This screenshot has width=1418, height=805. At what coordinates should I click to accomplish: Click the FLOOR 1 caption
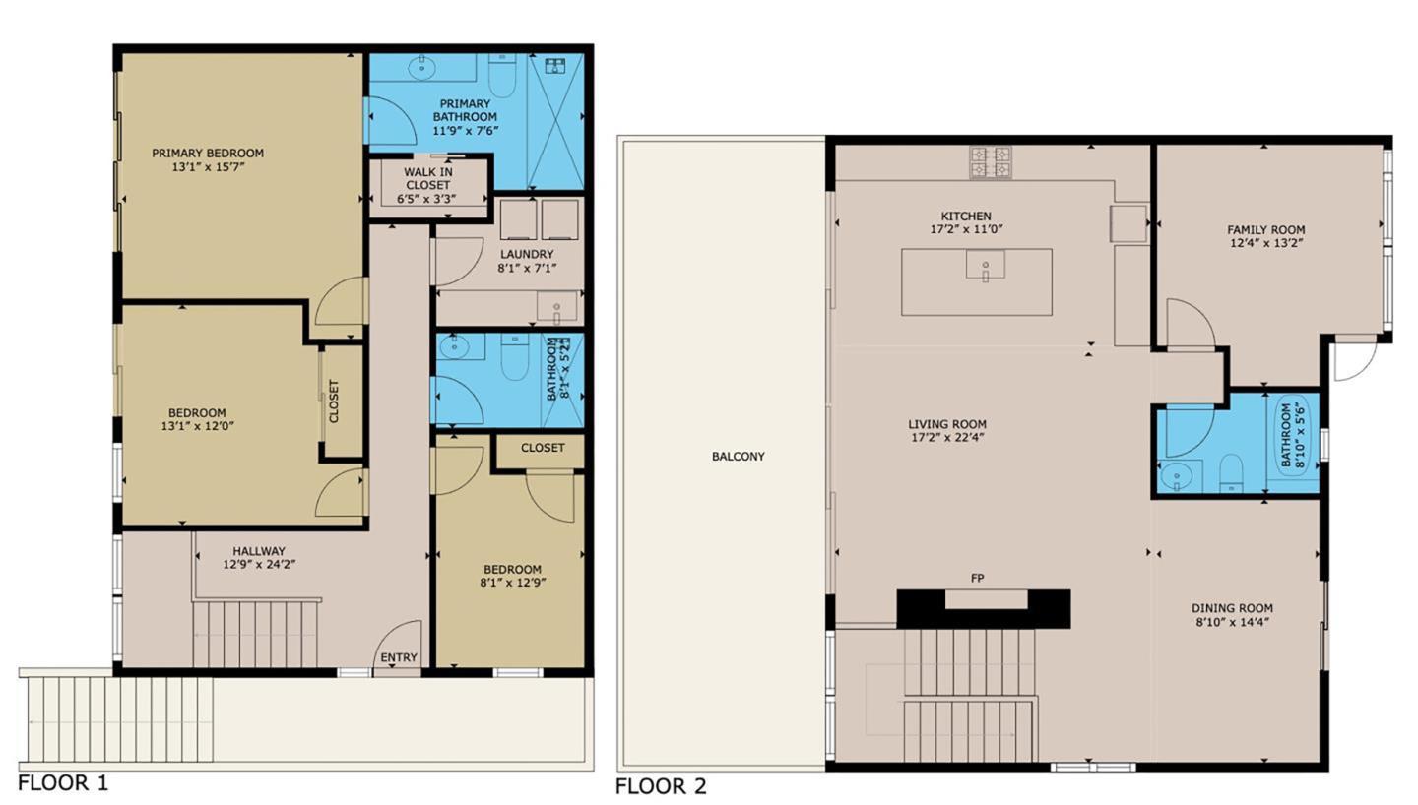coord(63,783)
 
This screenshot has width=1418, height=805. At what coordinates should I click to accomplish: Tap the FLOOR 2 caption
coord(661,786)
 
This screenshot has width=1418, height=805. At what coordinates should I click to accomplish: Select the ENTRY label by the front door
coord(398,657)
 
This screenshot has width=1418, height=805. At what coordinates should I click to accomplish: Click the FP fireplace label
coord(977,579)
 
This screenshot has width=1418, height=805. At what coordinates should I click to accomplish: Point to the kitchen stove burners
coord(990,162)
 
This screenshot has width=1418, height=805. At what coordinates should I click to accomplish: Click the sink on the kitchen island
coord(984,266)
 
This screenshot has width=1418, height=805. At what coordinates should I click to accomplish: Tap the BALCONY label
coord(738,457)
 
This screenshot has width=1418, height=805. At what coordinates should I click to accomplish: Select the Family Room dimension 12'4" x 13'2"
coord(1265,243)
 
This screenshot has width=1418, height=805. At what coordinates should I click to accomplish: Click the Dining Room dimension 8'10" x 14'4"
coord(1232,622)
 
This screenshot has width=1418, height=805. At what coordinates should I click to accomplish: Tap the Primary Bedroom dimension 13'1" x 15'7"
coord(207,167)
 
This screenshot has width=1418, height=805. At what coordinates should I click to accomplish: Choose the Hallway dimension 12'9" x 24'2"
coord(259,565)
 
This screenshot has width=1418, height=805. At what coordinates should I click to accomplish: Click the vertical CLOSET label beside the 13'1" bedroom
coord(334,402)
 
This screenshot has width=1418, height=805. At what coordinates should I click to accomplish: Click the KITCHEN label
coord(966,216)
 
